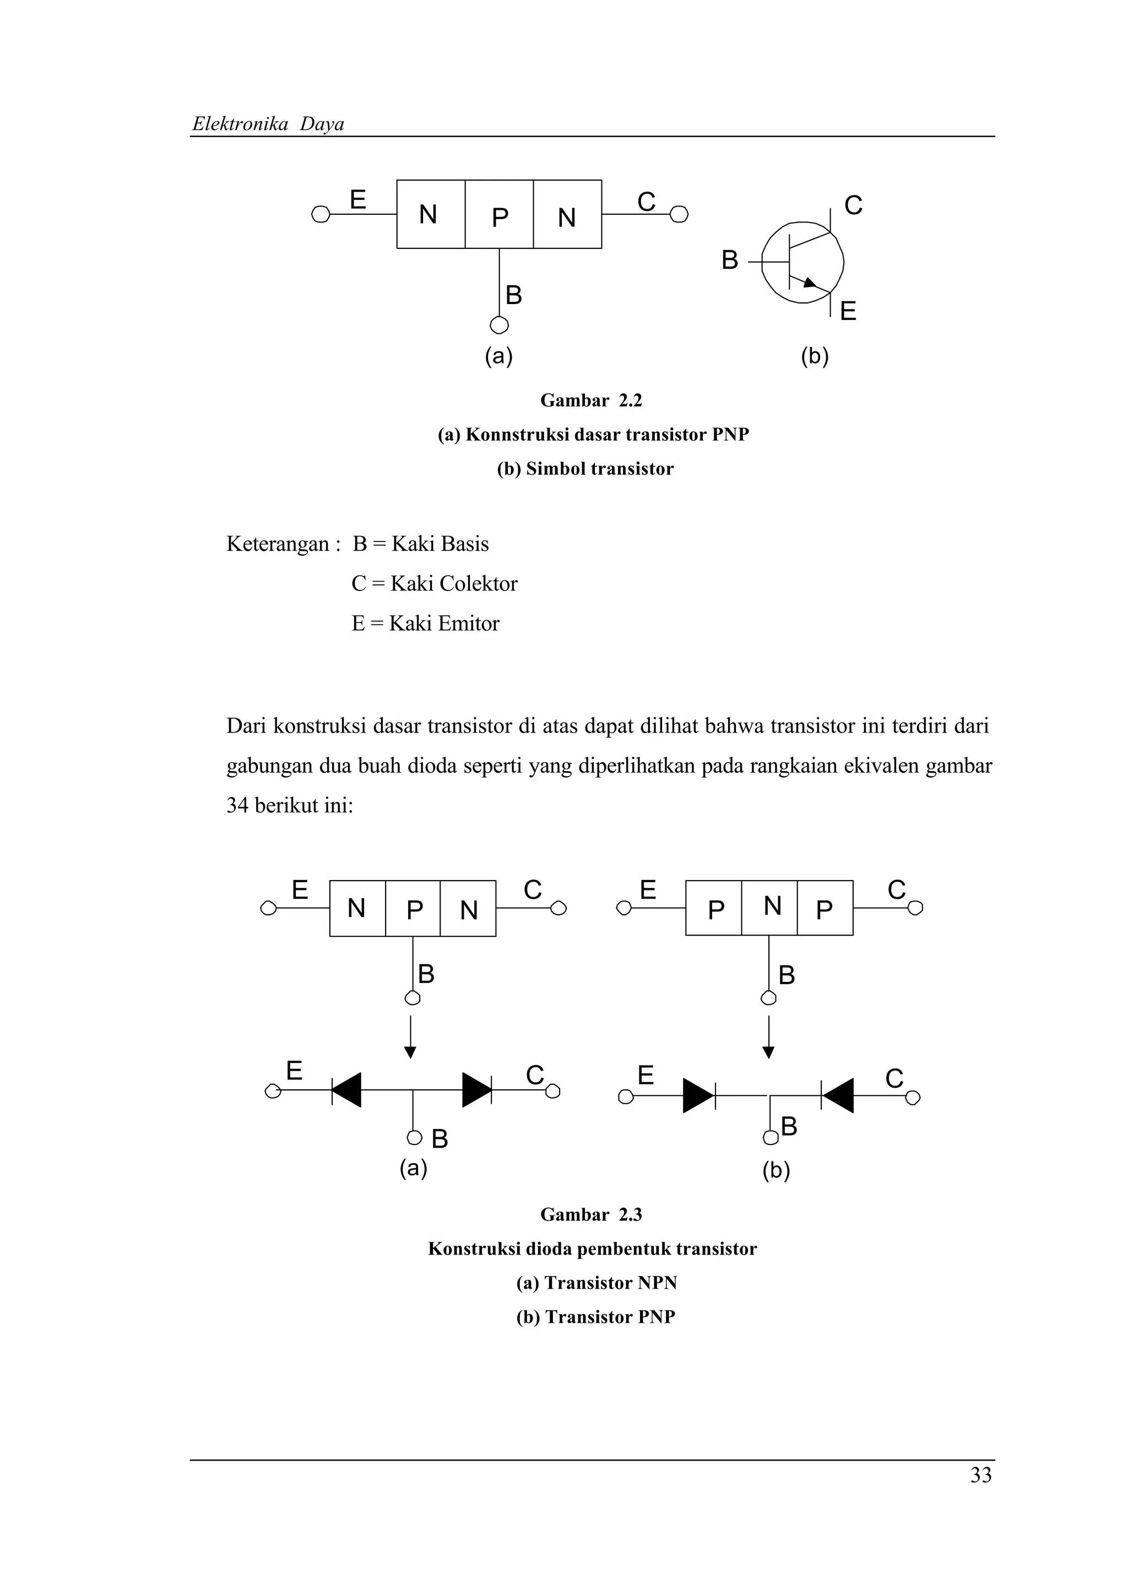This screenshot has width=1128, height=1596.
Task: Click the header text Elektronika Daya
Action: (268, 124)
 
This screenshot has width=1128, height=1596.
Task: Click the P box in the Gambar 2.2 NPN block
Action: (499, 214)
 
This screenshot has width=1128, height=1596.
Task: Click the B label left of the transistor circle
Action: (729, 260)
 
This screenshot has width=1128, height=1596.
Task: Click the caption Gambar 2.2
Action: (591, 400)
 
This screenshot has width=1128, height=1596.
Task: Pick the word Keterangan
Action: (277, 544)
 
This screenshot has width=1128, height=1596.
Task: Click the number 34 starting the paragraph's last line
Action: (237, 806)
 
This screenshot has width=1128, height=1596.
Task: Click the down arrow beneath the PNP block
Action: (768, 1037)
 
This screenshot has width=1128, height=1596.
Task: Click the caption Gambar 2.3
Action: (591, 1214)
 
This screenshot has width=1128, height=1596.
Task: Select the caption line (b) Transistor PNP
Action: (595, 1317)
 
